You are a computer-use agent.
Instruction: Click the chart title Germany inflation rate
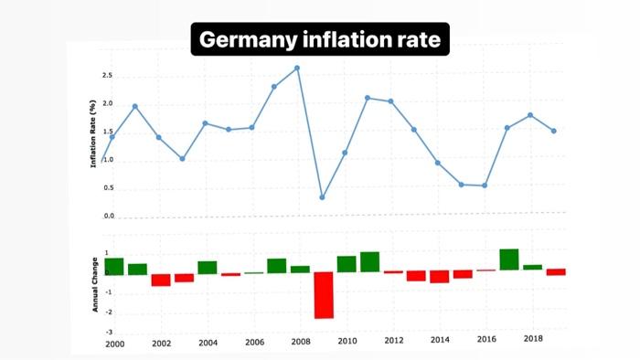click(320, 40)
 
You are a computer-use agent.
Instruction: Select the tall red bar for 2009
click(323, 295)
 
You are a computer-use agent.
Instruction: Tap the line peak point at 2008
click(297, 68)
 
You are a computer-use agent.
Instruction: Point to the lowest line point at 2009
click(323, 196)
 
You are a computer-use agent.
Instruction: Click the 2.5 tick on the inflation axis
click(107, 76)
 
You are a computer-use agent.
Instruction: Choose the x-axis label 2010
click(347, 341)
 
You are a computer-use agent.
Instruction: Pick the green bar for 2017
click(508, 259)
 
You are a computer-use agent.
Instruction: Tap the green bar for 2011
click(369, 262)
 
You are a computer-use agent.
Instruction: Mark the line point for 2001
click(135, 106)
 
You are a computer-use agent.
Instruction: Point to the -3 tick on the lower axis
click(109, 333)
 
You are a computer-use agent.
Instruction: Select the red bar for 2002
click(161, 280)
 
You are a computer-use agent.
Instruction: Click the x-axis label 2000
click(115, 344)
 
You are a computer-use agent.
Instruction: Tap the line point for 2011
click(368, 98)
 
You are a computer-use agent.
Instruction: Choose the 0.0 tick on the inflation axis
click(109, 217)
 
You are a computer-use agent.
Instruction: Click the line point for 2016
click(485, 185)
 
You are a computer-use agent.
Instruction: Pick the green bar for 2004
click(208, 268)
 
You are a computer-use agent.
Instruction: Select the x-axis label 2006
click(253, 342)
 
